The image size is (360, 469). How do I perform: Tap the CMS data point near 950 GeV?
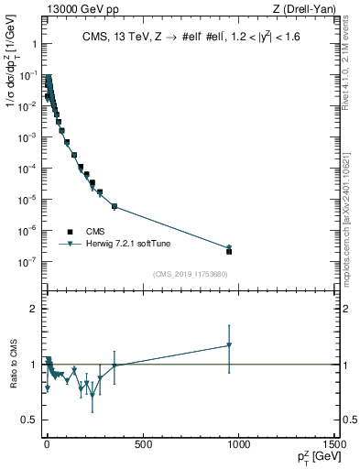coord(229,251)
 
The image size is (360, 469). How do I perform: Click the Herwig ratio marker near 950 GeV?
coord(229,345)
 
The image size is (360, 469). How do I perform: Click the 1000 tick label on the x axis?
coord(237,445)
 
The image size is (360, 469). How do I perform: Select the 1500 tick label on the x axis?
coord(333,445)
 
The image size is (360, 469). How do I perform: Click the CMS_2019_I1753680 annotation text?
coord(191,274)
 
